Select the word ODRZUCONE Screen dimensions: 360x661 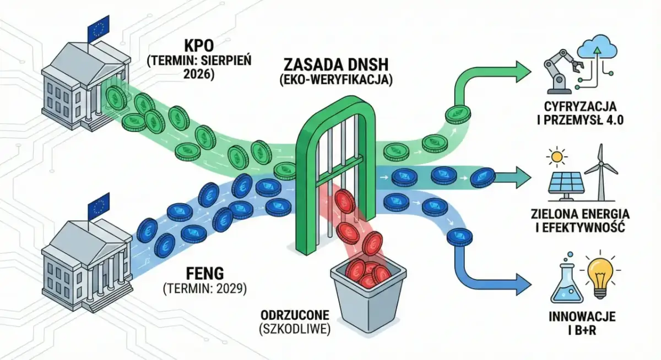click(296, 316)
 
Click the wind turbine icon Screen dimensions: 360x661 click(601, 168)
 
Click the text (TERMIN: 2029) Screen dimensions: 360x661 click(204, 288)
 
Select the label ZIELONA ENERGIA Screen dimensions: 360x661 click(586, 213)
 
